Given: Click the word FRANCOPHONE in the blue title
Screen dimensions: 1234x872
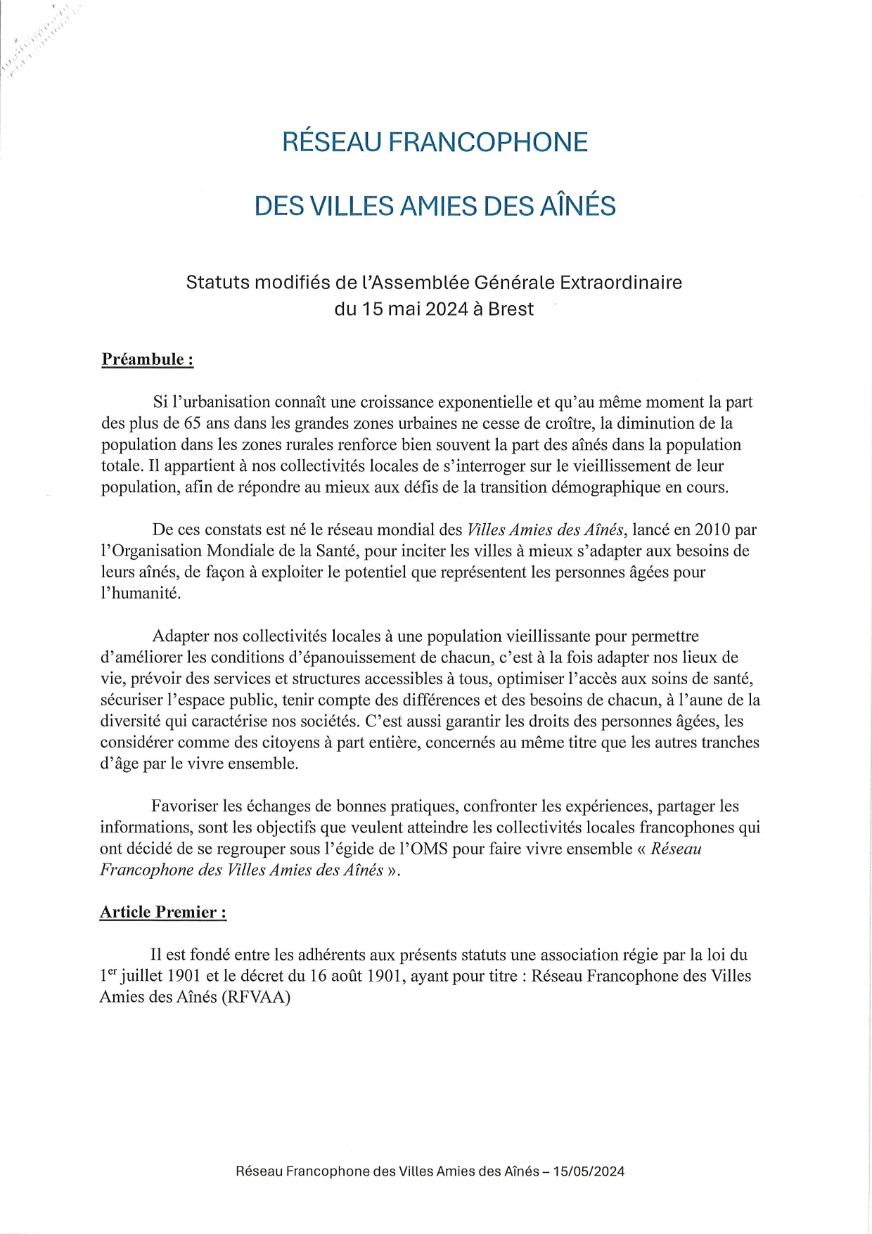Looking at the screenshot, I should coord(488,142).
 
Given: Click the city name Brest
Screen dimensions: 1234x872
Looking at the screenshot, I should coord(511,309).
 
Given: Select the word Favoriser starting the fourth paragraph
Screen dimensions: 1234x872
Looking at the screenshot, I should coord(186,806).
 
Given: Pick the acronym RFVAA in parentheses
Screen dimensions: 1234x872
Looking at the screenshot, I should coord(255,997).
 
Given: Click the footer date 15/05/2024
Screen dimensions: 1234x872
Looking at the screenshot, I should coord(589,1171).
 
